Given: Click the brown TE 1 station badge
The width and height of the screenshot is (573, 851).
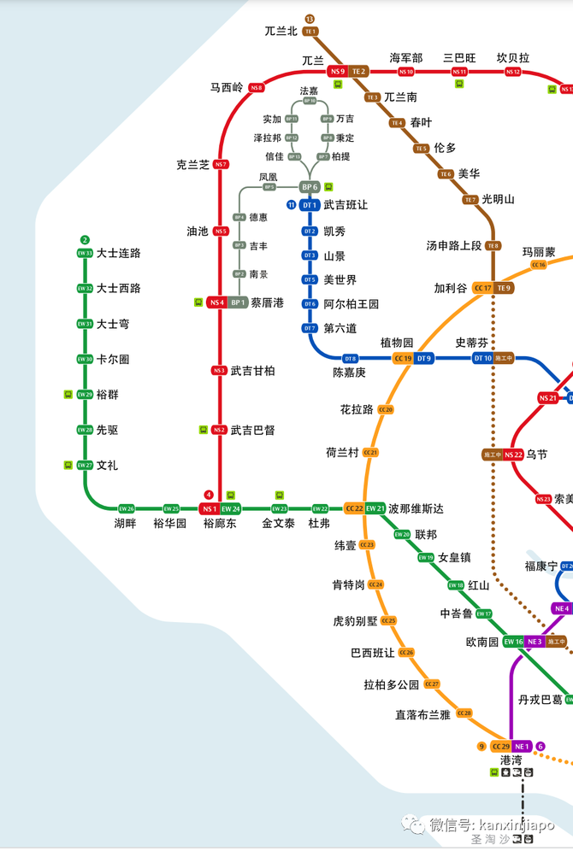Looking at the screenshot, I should pyautogui.click(x=310, y=32).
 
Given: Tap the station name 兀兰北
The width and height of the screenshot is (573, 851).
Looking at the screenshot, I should pyautogui.click(x=281, y=32).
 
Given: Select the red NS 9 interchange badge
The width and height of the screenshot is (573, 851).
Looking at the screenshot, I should pyautogui.click(x=337, y=71).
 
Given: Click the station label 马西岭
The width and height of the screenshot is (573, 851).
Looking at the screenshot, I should pyautogui.click(x=227, y=87).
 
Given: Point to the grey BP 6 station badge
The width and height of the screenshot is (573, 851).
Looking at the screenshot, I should pyautogui.click(x=309, y=187).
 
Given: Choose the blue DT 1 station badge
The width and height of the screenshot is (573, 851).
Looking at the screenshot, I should pyautogui.click(x=309, y=205).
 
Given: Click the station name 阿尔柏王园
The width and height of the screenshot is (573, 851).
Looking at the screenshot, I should pyautogui.click(x=351, y=304).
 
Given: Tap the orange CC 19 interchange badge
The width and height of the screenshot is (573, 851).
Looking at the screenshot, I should pyautogui.click(x=403, y=358).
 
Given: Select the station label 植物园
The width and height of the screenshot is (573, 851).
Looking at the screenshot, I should pyautogui.click(x=397, y=343).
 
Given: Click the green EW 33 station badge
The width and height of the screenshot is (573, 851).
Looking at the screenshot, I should pyautogui.click(x=85, y=253).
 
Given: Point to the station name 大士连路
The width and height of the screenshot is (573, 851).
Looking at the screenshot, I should pyautogui.click(x=119, y=253).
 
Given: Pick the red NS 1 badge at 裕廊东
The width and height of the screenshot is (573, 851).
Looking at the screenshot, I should pyautogui.click(x=210, y=508).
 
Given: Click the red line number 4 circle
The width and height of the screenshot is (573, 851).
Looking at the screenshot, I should pyautogui.click(x=209, y=495).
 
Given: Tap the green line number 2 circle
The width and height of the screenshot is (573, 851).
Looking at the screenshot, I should pyautogui.click(x=85, y=239).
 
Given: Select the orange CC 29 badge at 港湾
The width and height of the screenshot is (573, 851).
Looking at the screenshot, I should pyautogui.click(x=500, y=746).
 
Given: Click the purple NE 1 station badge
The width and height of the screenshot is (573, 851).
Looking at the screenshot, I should pyautogui.click(x=523, y=746).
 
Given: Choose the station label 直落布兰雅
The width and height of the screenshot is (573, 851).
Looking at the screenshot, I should pyautogui.click(x=422, y=714).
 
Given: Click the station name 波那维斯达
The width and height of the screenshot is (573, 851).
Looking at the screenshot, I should pyautogui.click(x=416, y=508).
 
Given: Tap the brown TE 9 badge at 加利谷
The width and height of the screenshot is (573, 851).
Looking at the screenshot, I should pyautogui.click(x=504, y=288).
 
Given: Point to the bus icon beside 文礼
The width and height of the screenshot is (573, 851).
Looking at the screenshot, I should pyautogui.click(x=68, y=465).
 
